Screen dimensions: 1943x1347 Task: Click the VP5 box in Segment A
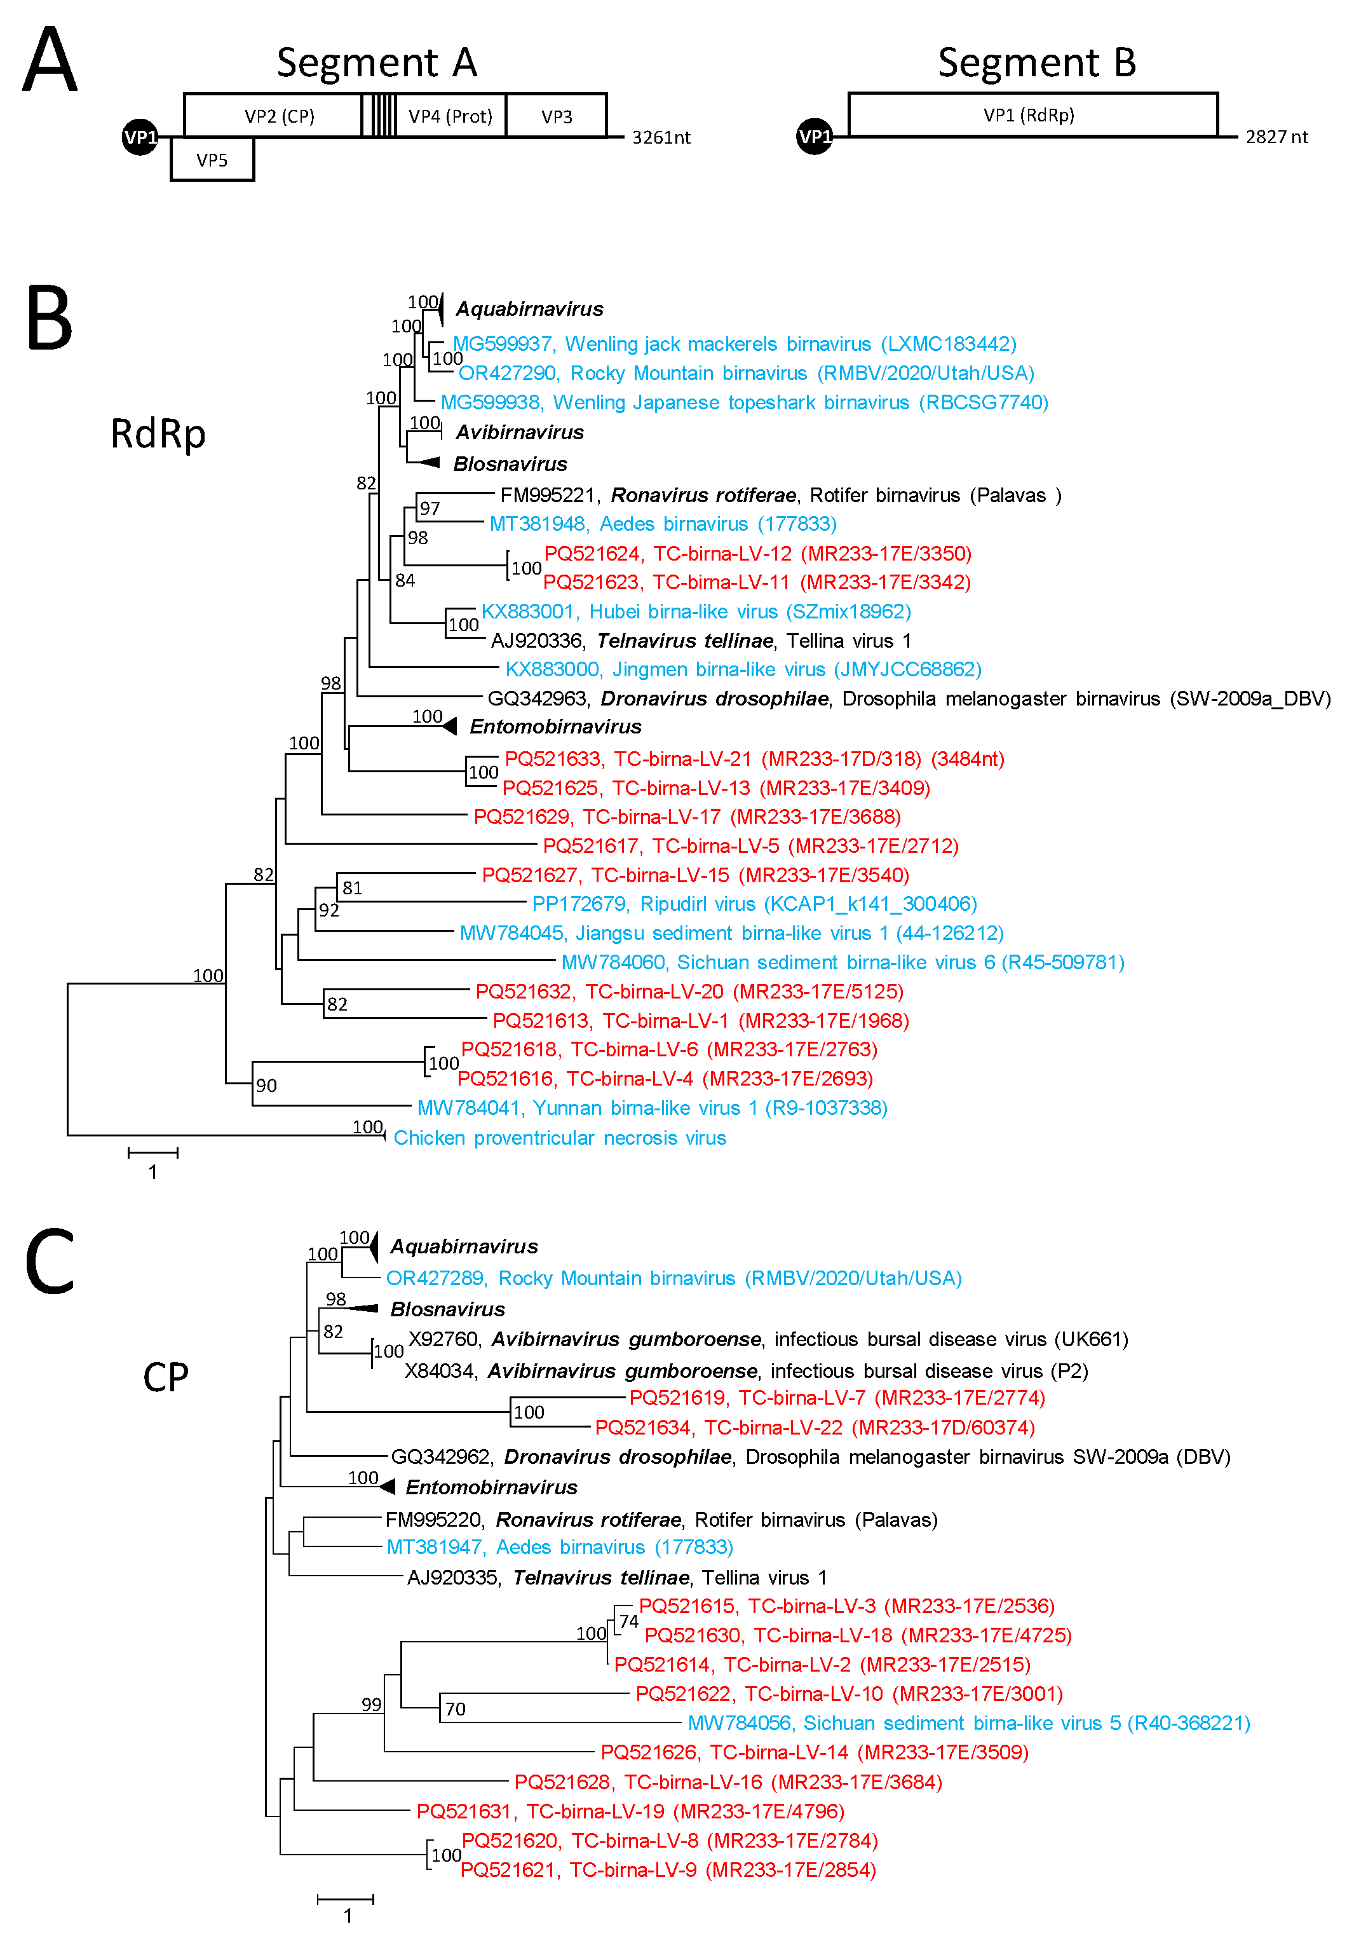(x=212, y=160)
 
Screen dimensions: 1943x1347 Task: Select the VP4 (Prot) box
(x=450, y=116)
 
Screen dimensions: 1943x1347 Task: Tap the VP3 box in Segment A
(x=556, y=116)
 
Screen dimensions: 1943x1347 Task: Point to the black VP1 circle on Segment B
(x=815, y=137)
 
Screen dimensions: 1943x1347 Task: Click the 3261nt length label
(x=661, y=137)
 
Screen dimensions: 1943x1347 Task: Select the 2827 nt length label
(x=1276, y=137)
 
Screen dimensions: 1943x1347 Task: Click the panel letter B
(x=49, y=318)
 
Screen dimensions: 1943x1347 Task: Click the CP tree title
(x=165, y=1377)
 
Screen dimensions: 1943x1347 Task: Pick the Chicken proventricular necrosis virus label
(x=560, y=1138)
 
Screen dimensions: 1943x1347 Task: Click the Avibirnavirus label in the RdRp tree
(x=519, y=432)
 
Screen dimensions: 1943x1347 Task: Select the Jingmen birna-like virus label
(x=743, y=669)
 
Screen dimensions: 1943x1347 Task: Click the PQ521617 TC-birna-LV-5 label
(x=750, y=846)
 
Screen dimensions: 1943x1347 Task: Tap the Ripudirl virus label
(x=754, y=904)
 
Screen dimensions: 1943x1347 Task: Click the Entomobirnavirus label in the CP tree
(x=491, y=1487)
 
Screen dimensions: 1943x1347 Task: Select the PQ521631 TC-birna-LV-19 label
(x=630, y=1811)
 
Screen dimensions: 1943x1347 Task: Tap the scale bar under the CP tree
(x=345, y=1899)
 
